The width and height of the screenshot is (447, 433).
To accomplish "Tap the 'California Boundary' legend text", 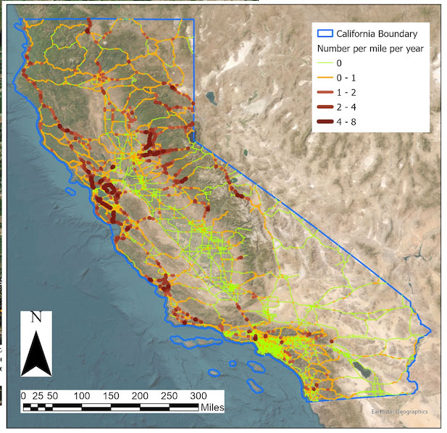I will tap(372, 33).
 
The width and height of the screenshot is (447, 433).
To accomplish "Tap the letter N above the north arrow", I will tap(35, 317).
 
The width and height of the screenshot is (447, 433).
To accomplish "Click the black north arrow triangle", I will tap(35, 352).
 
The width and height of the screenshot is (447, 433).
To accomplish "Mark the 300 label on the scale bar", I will tap(198, 396).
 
